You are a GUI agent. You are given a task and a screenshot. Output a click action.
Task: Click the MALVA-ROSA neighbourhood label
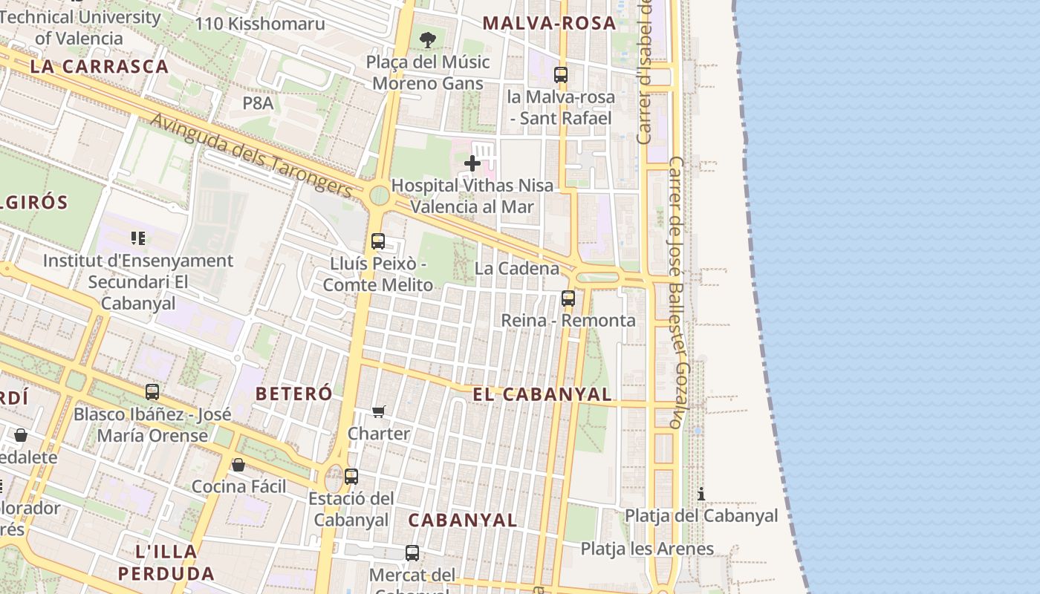tap(549, 23)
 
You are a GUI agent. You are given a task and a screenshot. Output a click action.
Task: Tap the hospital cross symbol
tap(472, 163)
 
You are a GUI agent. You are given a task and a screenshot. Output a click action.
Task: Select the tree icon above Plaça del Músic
tap(427, 39)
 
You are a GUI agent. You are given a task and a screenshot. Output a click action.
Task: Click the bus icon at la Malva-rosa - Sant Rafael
tap(561, 74)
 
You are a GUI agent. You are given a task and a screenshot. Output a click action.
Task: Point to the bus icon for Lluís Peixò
tap(378, 241)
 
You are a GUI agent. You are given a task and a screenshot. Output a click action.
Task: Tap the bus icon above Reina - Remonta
tap(568, 298)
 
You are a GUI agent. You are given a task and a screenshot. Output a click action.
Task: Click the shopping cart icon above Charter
tap(379, 411)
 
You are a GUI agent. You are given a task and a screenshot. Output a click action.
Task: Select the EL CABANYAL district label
tap(542, 394)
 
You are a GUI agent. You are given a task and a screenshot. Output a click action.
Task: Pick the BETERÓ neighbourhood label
tap(293, 394)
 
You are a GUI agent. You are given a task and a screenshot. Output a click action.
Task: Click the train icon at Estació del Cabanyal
tap(351, 476)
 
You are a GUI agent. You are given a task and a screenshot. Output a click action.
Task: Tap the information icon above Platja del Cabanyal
tap(701, 494)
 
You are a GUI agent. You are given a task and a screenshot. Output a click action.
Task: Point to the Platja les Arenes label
tap(647, 549)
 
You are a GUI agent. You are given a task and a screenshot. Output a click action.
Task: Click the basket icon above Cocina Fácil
tap(238, 465)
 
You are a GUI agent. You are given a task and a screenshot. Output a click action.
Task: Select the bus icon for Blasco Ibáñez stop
tap(152, 391)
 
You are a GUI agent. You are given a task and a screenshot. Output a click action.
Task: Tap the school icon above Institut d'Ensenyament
tap(137, 238)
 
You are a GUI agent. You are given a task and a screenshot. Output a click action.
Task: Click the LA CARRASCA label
tap(100, 66)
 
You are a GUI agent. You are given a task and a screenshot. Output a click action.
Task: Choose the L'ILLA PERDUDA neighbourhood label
tap(166, 562)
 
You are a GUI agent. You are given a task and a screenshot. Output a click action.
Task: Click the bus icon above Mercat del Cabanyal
tap(412, 552)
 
